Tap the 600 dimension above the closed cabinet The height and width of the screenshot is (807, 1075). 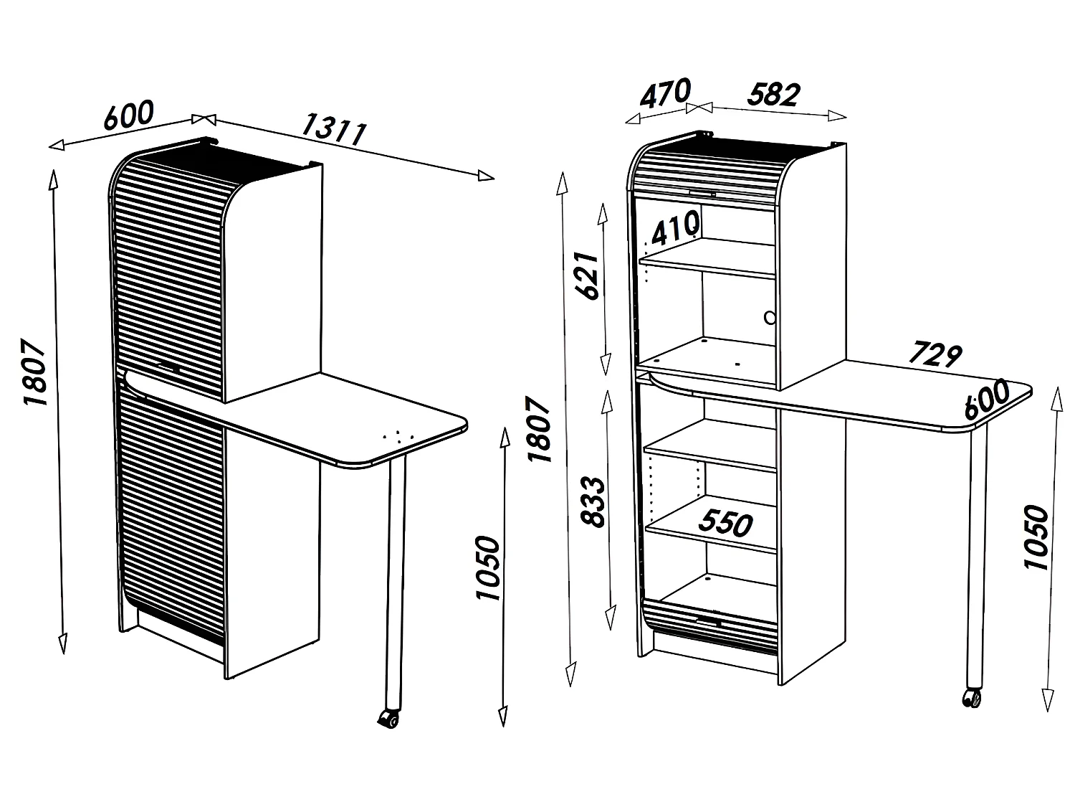tap(129, 116)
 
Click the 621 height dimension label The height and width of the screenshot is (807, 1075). tap(585, 277)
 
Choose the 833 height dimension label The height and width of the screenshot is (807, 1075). tap(593, 502)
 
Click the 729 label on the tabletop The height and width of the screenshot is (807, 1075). tap(935, 354)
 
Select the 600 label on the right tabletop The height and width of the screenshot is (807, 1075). tap(986, 399)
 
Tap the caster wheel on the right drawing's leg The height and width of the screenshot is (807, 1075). tap(972, 697)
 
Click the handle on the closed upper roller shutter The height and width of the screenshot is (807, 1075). tap(170, 368)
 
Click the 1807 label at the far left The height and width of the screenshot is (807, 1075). tap(34, 372)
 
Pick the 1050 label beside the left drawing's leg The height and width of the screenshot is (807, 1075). tap(487, 568)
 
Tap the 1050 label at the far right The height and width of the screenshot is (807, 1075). tap(1036, 537)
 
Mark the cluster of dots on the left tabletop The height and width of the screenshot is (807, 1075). tap(398, 435)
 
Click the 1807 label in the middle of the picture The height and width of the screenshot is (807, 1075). tap(538, 430)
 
